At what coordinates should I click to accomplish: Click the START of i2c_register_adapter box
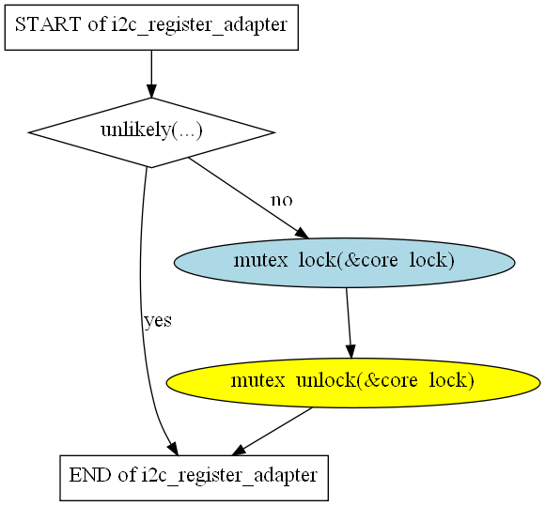click(x=151, y=27)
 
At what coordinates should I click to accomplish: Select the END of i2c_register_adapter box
click(x=194, y=478)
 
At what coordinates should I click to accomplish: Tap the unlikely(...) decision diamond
click(x=151, y=132)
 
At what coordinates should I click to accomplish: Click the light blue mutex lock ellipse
click(x=344, y=263)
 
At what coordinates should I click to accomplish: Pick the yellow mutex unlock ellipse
click(x=353, y=383)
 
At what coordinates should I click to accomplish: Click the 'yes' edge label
click(x=158, y=320)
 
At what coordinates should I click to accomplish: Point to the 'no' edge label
click(x=282, y=200)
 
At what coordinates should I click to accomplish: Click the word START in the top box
click(x=48, y=24)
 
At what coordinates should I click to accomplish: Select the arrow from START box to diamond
click(x=151, y=74)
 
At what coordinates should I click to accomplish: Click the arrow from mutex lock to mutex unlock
click(x=349, y=323)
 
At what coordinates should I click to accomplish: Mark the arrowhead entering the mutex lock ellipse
click(x=302, y=234)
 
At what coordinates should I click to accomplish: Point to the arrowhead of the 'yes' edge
click(x=173, y=449)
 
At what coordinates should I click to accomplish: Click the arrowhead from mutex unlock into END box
click(x=239, y=451)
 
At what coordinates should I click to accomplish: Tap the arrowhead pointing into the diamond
click(x=151, y=91)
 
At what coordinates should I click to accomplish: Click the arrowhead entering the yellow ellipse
click(x=350, y=351)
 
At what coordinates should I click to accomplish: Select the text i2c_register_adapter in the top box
click(x=199, y=25)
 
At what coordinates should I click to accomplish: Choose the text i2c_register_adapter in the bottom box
click(x=229, y=476)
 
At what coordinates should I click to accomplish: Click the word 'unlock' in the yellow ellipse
click(x=326, y=380)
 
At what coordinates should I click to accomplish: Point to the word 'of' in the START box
click(x=97, y=24)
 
